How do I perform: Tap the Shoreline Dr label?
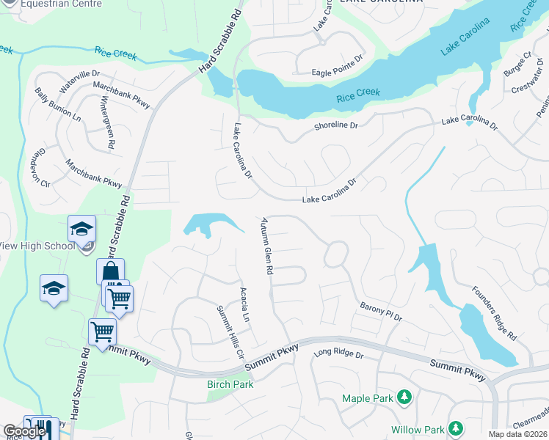335,126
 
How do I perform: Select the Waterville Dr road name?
79,81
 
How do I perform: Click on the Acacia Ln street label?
245,304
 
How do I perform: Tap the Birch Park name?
229,384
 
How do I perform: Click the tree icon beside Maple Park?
403,398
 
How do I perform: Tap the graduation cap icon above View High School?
81,229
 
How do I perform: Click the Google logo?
23,431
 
